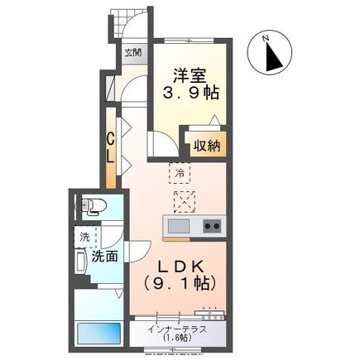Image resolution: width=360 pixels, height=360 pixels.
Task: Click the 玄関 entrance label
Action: pos(133,52)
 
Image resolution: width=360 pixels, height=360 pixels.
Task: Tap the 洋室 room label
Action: pos(190,75)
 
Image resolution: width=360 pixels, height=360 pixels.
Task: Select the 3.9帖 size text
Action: pos(190,93)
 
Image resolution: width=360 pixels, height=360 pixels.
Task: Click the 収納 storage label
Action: pos(207,146)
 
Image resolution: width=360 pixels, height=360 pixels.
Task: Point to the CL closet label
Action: pos(110,147)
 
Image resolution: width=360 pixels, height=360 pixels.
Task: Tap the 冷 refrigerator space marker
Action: pos(180,173)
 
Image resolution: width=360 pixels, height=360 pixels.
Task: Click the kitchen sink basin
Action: pos(179,226)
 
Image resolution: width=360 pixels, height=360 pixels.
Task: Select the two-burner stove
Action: pos(213,226)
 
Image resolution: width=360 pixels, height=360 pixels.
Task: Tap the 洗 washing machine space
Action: pos(85,237)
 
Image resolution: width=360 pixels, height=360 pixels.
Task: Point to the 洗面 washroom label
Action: pos(104,257)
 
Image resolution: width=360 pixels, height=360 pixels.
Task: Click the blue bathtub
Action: pos(99,334)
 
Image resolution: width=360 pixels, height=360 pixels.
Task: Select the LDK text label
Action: pos(180,266)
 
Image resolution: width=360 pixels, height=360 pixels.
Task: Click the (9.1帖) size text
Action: pos(180,283)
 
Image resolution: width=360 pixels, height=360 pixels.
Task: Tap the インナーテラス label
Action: pos(177,329)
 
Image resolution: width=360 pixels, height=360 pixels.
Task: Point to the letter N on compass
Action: pos(266,39)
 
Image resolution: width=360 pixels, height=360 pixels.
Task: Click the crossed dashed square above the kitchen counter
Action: pos(185,202)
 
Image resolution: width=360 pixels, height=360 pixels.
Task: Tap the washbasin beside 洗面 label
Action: pos(81,262)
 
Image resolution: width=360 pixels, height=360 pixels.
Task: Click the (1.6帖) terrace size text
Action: pos(177,338)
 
